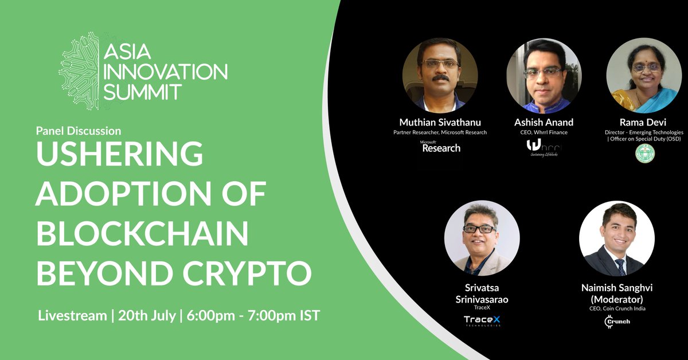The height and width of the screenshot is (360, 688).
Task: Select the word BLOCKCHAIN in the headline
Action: pyautogui.click(x=142, y=235)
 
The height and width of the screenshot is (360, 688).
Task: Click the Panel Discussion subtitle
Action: pyautogui.click(x=78, y=131)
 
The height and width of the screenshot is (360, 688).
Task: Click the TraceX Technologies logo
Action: pyautogui.click(x=482, y=322)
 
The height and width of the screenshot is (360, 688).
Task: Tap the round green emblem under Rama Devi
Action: pyautogui.click(x=645, y=153)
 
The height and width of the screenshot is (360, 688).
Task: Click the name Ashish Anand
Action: pyautogui.click(x=543, y=122)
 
